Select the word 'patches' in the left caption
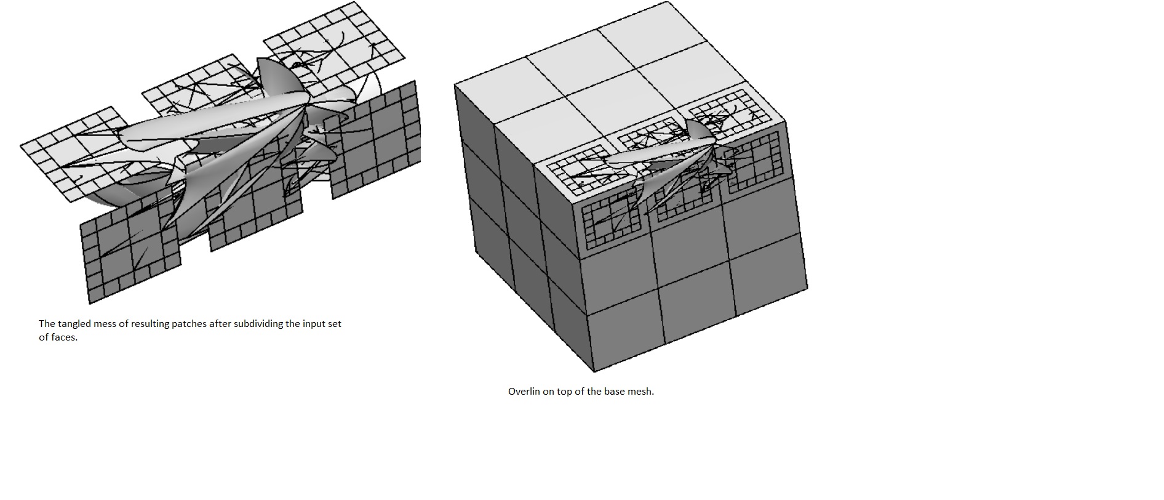(x=189, y=324)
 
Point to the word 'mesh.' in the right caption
(x=640, y=392)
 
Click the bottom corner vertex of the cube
(x=594, y=372)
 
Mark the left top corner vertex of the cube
(x=455, y=85)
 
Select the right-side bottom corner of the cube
(x=807, y=288)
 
